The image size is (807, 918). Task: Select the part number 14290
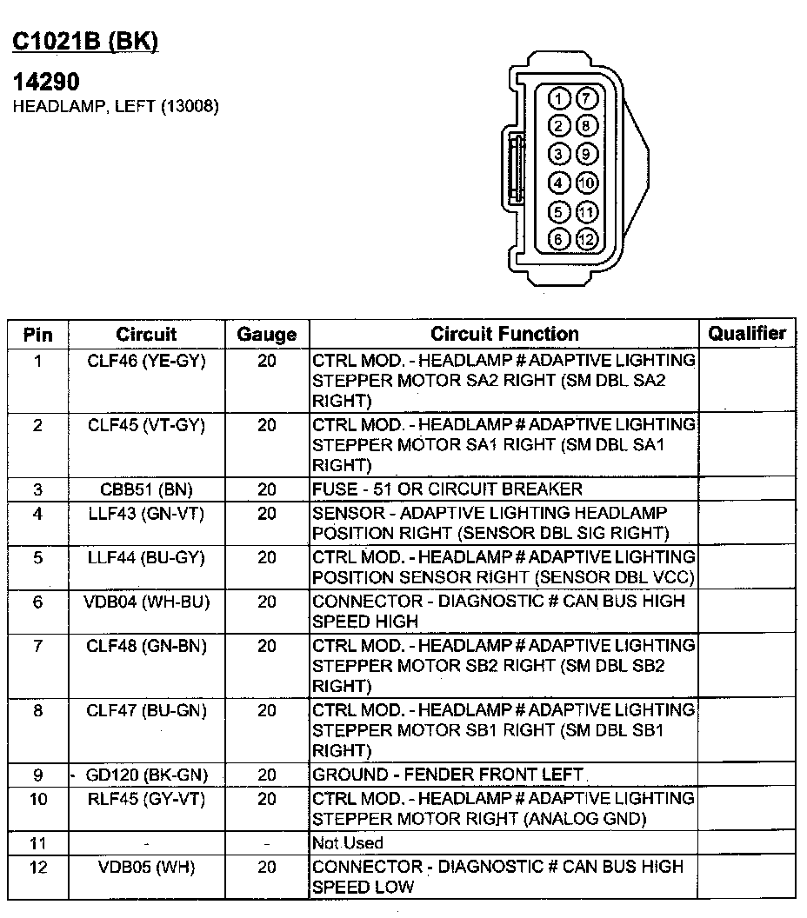(x=45, y=83)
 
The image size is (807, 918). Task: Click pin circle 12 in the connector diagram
(x=587, y=239)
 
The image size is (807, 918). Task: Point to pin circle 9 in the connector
(x=587, y=155)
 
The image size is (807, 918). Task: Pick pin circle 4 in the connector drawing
(x=560, y=183)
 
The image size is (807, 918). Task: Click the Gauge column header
(x=266, y=335)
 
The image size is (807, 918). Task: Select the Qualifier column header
(x=747, y=333)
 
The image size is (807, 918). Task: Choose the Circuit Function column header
(x=504, y=334)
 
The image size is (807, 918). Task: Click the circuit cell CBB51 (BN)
(x=146, y=489)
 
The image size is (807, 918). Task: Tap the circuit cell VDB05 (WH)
(x=146, y=867)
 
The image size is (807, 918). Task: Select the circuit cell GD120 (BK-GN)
(x=146, y=775)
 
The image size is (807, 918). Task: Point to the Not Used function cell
(x=347, y=842)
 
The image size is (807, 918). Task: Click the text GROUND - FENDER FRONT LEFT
(x=448, y=775)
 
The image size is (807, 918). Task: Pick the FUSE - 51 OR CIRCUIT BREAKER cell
(x=447, y=489)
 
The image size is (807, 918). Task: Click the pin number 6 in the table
(x=37, y=601)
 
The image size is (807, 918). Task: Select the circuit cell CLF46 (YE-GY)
(x=146, y=360)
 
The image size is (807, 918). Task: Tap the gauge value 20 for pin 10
(x=266, y=798)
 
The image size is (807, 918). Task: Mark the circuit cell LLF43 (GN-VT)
(x=146, y=514)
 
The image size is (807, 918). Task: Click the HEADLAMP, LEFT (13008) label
(x=115, y=107)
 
